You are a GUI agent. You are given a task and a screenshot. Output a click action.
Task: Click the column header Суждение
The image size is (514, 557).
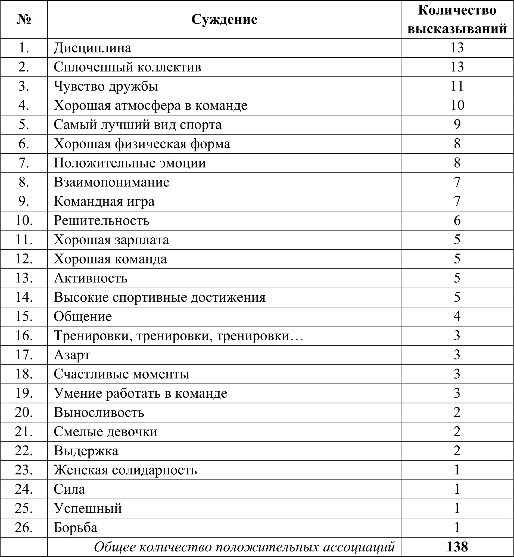pyautogui.click(x=224, y=20)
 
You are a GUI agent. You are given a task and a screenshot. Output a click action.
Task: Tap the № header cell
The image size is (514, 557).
pyautogui.click(x=24, y=20)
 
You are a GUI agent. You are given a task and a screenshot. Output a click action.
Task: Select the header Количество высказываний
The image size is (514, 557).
pyautogui.click(x=457, y=20)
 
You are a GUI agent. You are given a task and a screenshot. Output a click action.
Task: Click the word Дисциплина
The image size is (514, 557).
pyautogui.click(x=92, y=48)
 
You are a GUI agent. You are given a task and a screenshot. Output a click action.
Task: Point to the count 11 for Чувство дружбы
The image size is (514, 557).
pyautogui.click(x=457, y=86)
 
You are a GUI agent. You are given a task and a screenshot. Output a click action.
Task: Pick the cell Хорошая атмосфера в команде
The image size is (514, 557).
pyautogui.click(x=151, y=105)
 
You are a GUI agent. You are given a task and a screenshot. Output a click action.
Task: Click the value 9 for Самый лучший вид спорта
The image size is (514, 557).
pyautogui.click(x=457, y=125)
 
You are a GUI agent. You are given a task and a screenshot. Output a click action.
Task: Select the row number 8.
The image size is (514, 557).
pyautogui.click(x=24, y=182)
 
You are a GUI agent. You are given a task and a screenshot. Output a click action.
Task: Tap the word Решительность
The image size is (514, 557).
pyautogui.click(x=101, y=221)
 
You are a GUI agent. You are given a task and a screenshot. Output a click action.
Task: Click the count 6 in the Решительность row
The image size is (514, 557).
pyautogui.click(x=457, y=221)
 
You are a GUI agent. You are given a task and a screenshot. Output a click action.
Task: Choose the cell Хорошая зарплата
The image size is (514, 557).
pyautogui.click(x=111, y=240)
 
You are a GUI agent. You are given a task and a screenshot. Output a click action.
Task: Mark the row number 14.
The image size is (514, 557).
pyautogui.click(x=24, y=297)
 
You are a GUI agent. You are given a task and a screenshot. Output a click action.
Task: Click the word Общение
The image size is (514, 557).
pyautogui.click(x=83, y=317)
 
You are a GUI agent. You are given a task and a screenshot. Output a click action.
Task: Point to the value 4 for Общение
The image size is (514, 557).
pyautogui.click(x=457, y=317)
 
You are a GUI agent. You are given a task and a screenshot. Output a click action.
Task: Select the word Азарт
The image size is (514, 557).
pyautogui.click(x=72, y=355)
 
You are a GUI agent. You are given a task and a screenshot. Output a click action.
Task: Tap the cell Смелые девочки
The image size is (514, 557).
pyautogui.click(x=105, y=432)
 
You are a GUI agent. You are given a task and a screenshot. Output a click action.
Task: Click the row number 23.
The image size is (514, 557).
pyautogui.click(x=24, y=470)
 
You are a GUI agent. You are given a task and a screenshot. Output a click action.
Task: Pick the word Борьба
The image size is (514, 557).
pyautogui.click(x=75, y=528)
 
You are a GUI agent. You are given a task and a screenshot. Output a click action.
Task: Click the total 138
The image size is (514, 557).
pyautogui.click(x=457, y=547)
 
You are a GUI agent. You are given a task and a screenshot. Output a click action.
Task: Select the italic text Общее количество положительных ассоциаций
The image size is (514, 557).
pyautogui.click(x=244, y=547)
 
